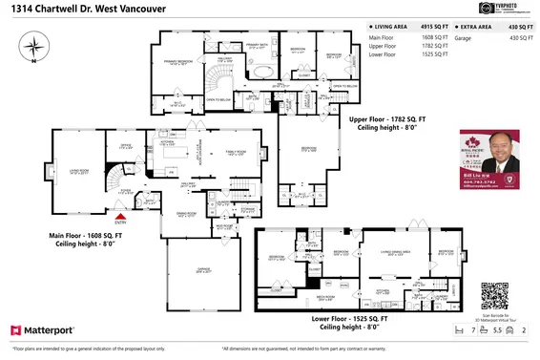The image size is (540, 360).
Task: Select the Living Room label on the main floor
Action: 73,173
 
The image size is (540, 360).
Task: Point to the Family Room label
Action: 232,153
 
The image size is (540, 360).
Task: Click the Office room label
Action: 124,147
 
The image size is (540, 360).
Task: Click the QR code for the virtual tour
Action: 495,293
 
